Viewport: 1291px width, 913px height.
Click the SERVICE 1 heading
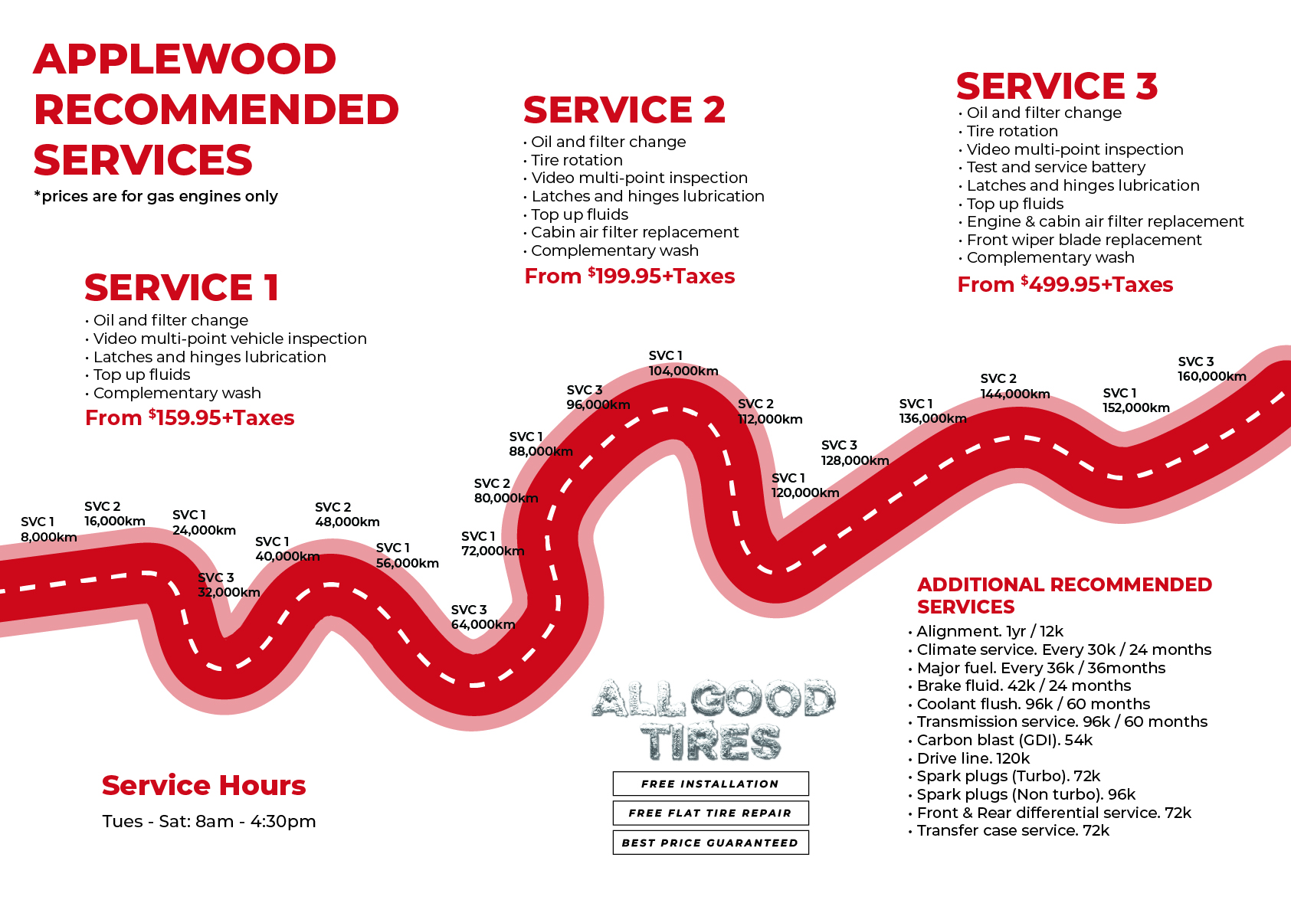pos(182,288)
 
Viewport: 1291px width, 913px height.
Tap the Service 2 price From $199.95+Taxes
pos(629,277)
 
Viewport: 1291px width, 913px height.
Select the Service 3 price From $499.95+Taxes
pos(1065,285)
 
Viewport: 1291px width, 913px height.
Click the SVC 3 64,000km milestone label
pos(483,617)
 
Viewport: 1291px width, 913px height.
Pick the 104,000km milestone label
pos(683,364)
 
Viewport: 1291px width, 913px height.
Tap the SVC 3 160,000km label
pos(1211,369)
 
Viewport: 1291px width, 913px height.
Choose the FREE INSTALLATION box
pos(710,784)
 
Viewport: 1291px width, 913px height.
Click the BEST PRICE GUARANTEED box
pos(710,843)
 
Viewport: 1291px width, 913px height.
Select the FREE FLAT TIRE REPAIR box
pos(710,813)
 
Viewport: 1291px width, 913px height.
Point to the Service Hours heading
pos(204,786)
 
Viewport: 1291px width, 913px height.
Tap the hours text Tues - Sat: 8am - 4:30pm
pos(209,822)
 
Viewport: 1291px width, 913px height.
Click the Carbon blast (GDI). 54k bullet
pos(1004,740)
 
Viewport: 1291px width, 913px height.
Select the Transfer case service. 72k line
pos(1012,831)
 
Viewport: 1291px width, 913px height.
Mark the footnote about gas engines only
pos(156,197)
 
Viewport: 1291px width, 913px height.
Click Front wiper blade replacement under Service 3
pos(1083,240)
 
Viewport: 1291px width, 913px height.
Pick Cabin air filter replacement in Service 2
pos(634,232)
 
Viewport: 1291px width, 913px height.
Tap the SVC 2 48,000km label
pos(347,515)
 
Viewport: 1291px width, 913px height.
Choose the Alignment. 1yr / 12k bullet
pos(989,631)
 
